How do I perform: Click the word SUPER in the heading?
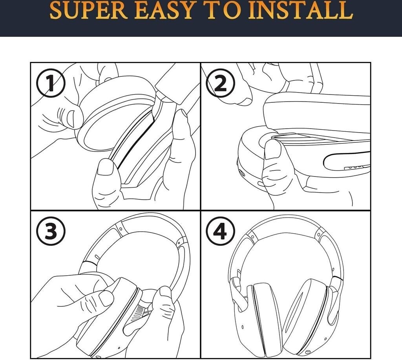click(x=88, y=10)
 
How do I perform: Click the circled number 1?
click(x=51, y=83)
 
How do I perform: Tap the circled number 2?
click(x=221, y=83)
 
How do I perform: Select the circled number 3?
click(x=51, y=231)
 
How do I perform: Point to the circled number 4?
click(x=221, y=231)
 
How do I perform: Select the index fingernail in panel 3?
click(x=106, y=298)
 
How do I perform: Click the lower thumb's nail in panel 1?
click(x=105, y=167)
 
